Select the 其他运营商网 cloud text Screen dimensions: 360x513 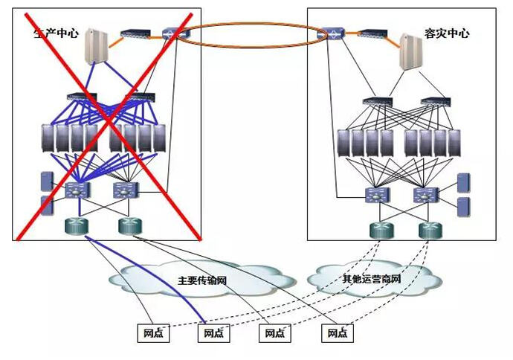pyautogui.click(x=371, y=280)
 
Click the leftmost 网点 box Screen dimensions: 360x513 pyautogui.click(x=153, y=332)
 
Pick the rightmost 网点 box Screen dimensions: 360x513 pyautogui.click(x=338, y=332)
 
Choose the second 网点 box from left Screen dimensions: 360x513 pyautogui.click(x=214, y=332)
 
